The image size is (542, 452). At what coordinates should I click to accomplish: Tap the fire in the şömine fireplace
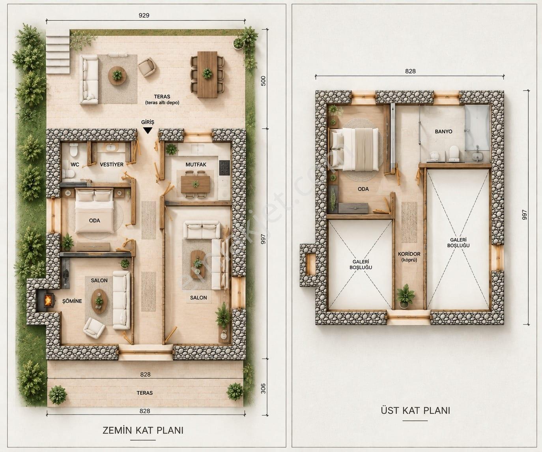[x=48, y=301]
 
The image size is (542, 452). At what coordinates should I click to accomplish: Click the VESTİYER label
[x=112, y=165]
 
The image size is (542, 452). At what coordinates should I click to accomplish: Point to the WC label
[x=75, y=165]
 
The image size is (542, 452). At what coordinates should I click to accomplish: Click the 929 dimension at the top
[x=144, y=15]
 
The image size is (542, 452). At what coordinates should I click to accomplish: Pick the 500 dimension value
[x=263, y=81]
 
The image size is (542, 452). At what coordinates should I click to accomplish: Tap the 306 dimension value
[x=263, y=388]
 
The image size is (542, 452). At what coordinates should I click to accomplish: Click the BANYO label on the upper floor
[x=443, y=131]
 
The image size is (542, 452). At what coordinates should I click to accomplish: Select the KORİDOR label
[x=409, y=254]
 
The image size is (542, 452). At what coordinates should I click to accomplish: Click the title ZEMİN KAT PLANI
[x=143, y=430]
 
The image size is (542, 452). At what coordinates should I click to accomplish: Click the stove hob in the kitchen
[x=224, y=167]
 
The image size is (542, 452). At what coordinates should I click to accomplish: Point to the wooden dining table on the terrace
[x=207, y=75]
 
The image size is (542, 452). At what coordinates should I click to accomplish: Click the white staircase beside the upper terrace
[x=58, y=51]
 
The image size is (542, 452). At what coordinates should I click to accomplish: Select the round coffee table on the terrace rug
[x=117, y=75]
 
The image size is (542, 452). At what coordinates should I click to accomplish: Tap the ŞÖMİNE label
[x=72, y=301]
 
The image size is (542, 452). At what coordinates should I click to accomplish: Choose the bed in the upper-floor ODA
[x=354, y=149]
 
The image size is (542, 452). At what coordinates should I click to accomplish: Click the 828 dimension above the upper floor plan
[x=410, y=71]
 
